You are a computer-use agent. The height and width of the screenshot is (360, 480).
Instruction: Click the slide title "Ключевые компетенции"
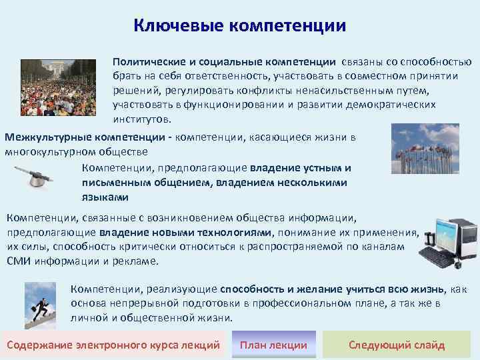pos(240,25)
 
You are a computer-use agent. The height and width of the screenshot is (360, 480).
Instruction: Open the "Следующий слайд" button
pos(397,345)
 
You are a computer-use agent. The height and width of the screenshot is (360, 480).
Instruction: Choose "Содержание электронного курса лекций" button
pos(113,345)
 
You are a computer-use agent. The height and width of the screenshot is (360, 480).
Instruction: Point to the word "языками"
pos(105,197)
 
